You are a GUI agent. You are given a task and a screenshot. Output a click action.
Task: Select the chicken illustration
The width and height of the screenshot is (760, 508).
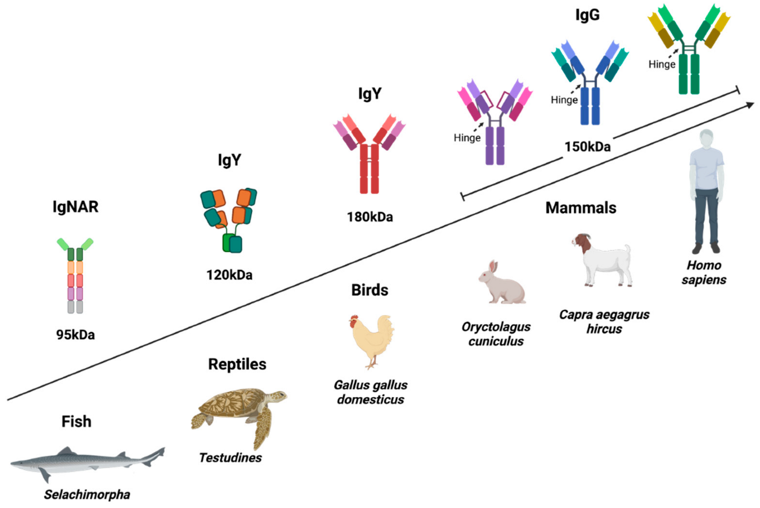(371, 339)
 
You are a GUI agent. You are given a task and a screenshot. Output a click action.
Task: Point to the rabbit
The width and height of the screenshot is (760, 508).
(501, 284)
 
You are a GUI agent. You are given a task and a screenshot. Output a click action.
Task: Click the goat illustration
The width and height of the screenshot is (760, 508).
(603, 259)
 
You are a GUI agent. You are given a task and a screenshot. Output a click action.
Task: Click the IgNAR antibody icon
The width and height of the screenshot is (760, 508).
(75, 275)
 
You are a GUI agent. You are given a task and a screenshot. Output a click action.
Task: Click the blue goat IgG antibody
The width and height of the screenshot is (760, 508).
(590, 83)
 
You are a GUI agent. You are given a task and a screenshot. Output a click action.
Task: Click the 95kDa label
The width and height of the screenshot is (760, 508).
(76, 335)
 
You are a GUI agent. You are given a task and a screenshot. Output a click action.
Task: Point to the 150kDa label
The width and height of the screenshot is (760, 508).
(587, 147)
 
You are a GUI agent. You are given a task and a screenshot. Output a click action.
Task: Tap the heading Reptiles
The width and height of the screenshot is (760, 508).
(237, 364)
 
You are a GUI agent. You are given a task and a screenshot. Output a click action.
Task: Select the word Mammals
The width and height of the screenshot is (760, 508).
(581, 208)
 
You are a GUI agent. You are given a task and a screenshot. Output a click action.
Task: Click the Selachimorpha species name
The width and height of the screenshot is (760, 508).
(87, 495)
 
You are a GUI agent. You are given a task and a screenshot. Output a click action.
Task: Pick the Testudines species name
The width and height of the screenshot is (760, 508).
(230, 458)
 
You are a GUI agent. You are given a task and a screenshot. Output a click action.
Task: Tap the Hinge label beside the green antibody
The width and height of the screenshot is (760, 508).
(662, 64)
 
